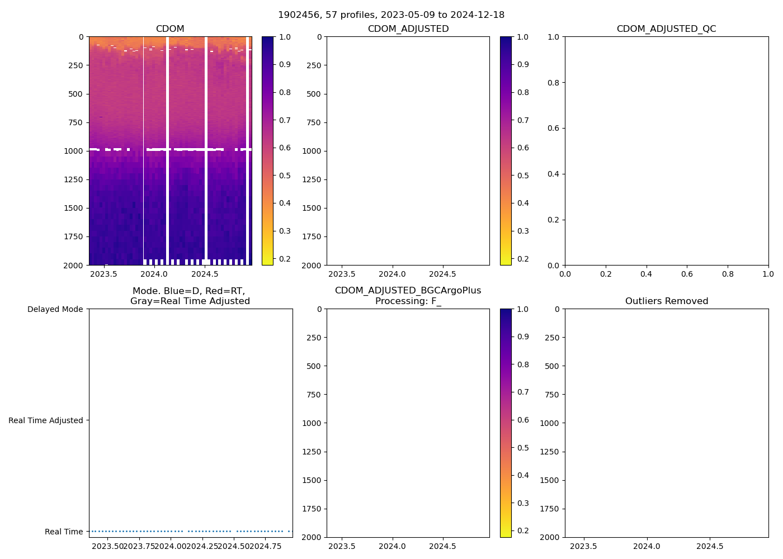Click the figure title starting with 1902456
point(391,15)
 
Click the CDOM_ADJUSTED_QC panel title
point(666,29)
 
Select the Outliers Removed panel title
point(666,301)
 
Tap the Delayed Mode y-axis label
point(55,309)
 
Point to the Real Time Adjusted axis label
point(45,420)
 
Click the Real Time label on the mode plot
point(64,532)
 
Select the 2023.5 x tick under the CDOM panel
point(103,274)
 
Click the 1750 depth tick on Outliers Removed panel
point(549,509)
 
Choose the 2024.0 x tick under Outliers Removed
point(647,546)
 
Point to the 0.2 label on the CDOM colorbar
point(285,259)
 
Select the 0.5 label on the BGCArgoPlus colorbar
point(523,448)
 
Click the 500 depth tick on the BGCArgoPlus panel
point(314,366)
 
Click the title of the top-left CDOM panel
point(170,29)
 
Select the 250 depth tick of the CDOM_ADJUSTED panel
point(314,65)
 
